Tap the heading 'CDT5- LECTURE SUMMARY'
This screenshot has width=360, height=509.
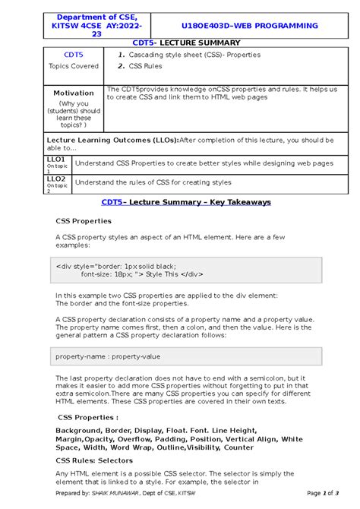click(x=179, y=43)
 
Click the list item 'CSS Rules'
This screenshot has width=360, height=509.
click(x=145, y=67)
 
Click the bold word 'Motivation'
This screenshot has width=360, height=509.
click(x=74, y=93)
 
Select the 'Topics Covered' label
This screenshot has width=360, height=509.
click(x=74, y=66)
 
